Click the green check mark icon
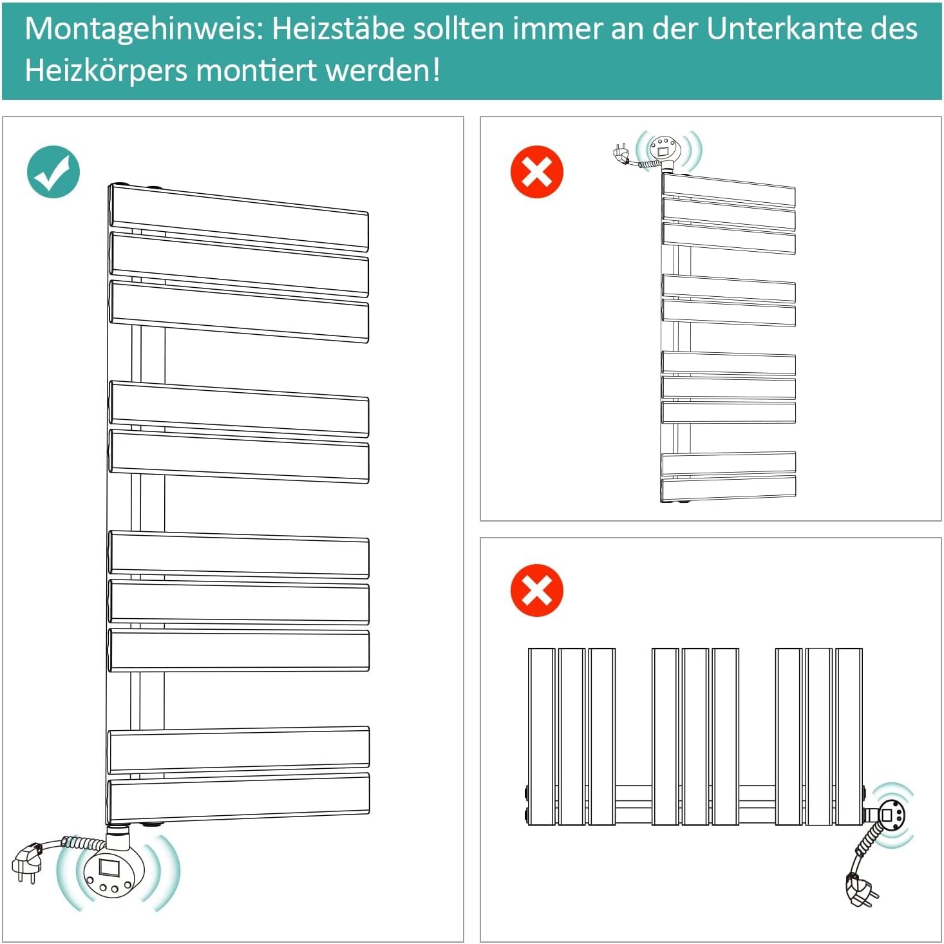(53, 171)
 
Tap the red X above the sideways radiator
(536, 590)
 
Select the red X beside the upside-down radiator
(536, 171)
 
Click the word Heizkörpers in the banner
(106, 71)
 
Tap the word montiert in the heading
(257, 70)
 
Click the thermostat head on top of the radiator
(665, 148)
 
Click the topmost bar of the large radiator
(238, 218)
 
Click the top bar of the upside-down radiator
(728, 190)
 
